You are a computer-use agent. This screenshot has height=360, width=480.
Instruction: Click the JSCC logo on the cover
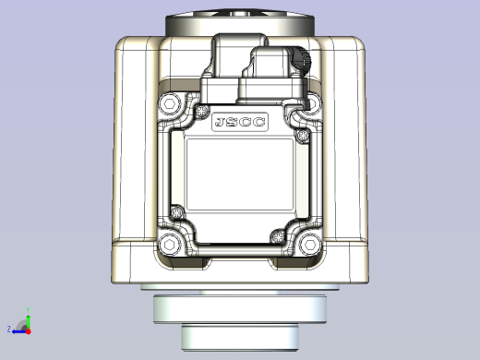pos(239,123)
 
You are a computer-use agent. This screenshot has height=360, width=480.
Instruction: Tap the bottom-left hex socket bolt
pos(170,245)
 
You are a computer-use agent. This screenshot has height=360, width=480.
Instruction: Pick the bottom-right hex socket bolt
pos(308,245)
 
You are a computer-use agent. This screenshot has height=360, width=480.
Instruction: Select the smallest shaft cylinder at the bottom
pos(239,336)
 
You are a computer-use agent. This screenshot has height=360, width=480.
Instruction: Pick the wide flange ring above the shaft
pos(239,307)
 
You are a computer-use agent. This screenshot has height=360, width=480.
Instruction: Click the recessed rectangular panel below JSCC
pos(239,175)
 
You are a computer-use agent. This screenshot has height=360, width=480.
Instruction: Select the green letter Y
pos(28,311)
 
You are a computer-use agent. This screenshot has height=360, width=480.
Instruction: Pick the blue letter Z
pos(9,329)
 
